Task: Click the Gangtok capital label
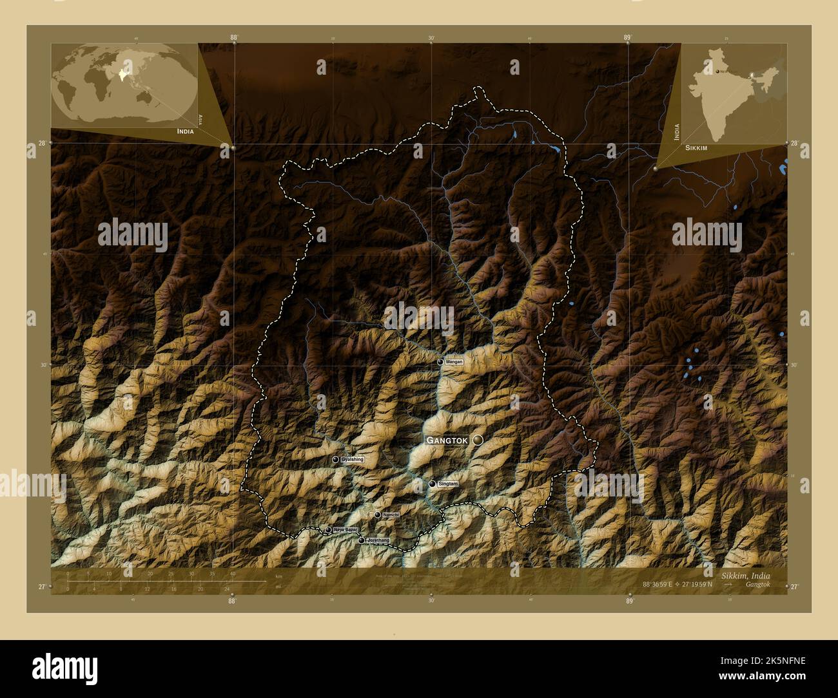pos(445,440)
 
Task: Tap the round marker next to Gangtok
pos(478,440)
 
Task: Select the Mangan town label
pos(454,362)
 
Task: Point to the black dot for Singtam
pos(433,484)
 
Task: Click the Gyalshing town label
pos(353,459)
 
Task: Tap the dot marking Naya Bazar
pos(328,530)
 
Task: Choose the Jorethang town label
pos(378,540)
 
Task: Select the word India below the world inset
pos(180,131)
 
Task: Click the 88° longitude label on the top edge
pos(234,37)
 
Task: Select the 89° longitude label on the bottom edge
pos(629,601)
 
